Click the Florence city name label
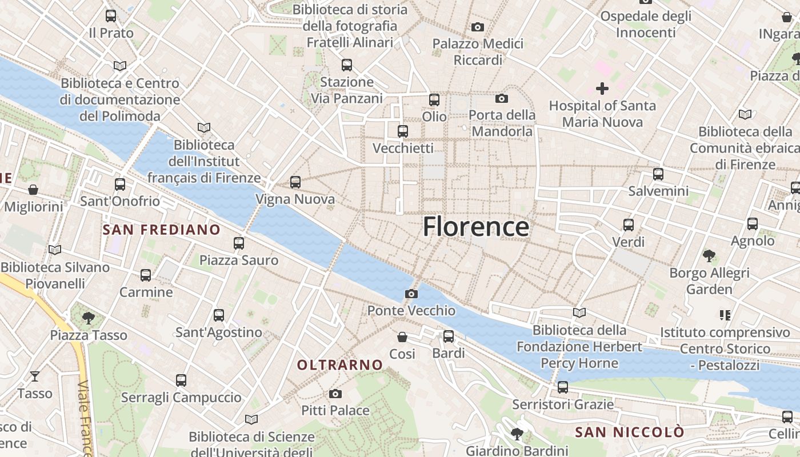[475, 227]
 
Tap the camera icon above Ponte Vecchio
[411, 294]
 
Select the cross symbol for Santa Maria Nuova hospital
[602, 89]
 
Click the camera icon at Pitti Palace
[335, 394]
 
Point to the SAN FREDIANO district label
[161, 230]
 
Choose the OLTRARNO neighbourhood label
[340, 364]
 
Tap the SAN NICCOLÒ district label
[629, 432]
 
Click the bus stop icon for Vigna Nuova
[295, 182]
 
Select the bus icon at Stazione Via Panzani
[346, 65]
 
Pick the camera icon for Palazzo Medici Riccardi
[478, 27]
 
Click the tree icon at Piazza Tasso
[88, 317]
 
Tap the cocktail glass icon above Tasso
[35, 376]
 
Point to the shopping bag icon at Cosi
[402, 337]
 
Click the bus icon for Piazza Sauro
[239, 243]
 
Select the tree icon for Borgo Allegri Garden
[709, 255]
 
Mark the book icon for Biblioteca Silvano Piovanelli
[55, 250]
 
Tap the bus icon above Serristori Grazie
[563, 387]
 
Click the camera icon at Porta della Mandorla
[502, 99]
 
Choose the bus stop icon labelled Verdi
[629, 225]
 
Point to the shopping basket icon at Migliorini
[33, 190]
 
